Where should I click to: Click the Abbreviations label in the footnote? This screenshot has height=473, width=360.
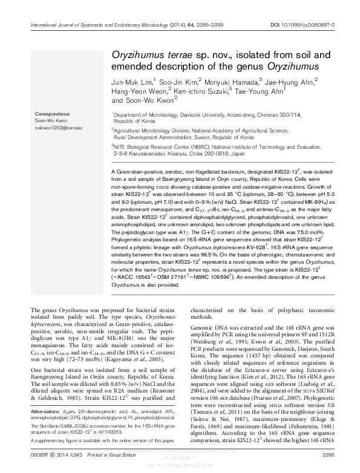click(x=45, y=411)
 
